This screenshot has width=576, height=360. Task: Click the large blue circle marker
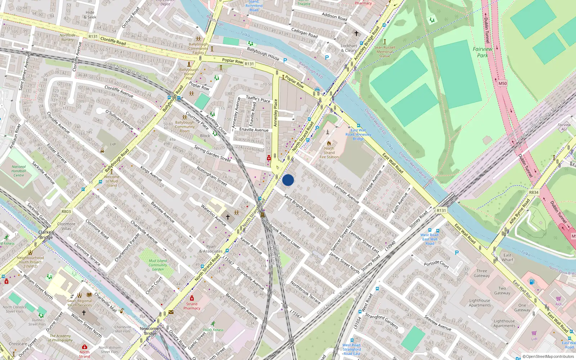(x=288, y=180)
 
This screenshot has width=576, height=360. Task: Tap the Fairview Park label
(x=482, y=52)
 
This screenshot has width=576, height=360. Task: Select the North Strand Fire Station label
(x=329, y=153)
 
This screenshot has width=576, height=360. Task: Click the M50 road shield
(x=503, y=84)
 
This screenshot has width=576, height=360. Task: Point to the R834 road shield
(x=534, y=193)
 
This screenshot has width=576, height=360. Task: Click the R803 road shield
(x=66, y=212)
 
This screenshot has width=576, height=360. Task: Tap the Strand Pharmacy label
(x=192, y=306)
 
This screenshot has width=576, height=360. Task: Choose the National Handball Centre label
(x=19, y=171)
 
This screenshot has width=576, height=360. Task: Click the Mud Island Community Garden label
(x=158, y=265)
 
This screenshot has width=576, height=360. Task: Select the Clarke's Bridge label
(x=46, y=235)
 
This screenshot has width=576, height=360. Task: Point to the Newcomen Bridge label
(x=150, y=331)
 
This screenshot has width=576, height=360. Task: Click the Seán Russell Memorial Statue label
(x=384, y=51)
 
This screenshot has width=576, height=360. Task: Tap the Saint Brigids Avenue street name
(x=300, y=206)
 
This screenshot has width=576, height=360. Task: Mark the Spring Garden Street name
(x=212, y=153)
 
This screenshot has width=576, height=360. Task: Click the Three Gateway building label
(x=482, y=273)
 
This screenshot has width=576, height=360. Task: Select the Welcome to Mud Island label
(x=112, y=181)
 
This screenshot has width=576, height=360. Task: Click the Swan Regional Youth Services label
(x=80, y=303)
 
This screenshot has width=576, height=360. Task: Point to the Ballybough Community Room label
(x=185, y=127)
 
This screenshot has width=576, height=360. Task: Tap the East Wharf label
(x=507, y=257)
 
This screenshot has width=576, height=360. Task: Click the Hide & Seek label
(x=90, y=14)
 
